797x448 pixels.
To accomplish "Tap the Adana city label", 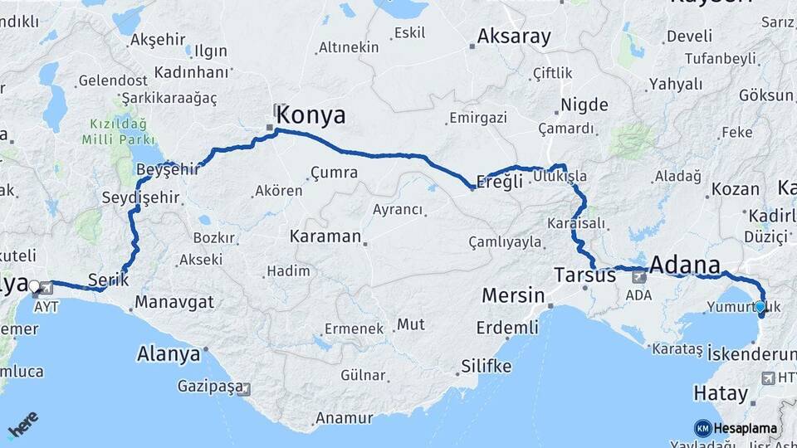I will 685,265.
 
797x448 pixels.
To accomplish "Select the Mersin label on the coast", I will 513,295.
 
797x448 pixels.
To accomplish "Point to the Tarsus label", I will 586,275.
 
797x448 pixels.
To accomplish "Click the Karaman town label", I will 325,236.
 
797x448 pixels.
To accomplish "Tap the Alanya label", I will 168,354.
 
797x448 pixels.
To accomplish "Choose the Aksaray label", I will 514,37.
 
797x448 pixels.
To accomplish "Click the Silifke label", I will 487,366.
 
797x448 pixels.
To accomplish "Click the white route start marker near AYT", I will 34,286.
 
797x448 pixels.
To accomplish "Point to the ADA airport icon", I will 639,277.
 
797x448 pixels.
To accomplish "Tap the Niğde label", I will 584,105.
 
